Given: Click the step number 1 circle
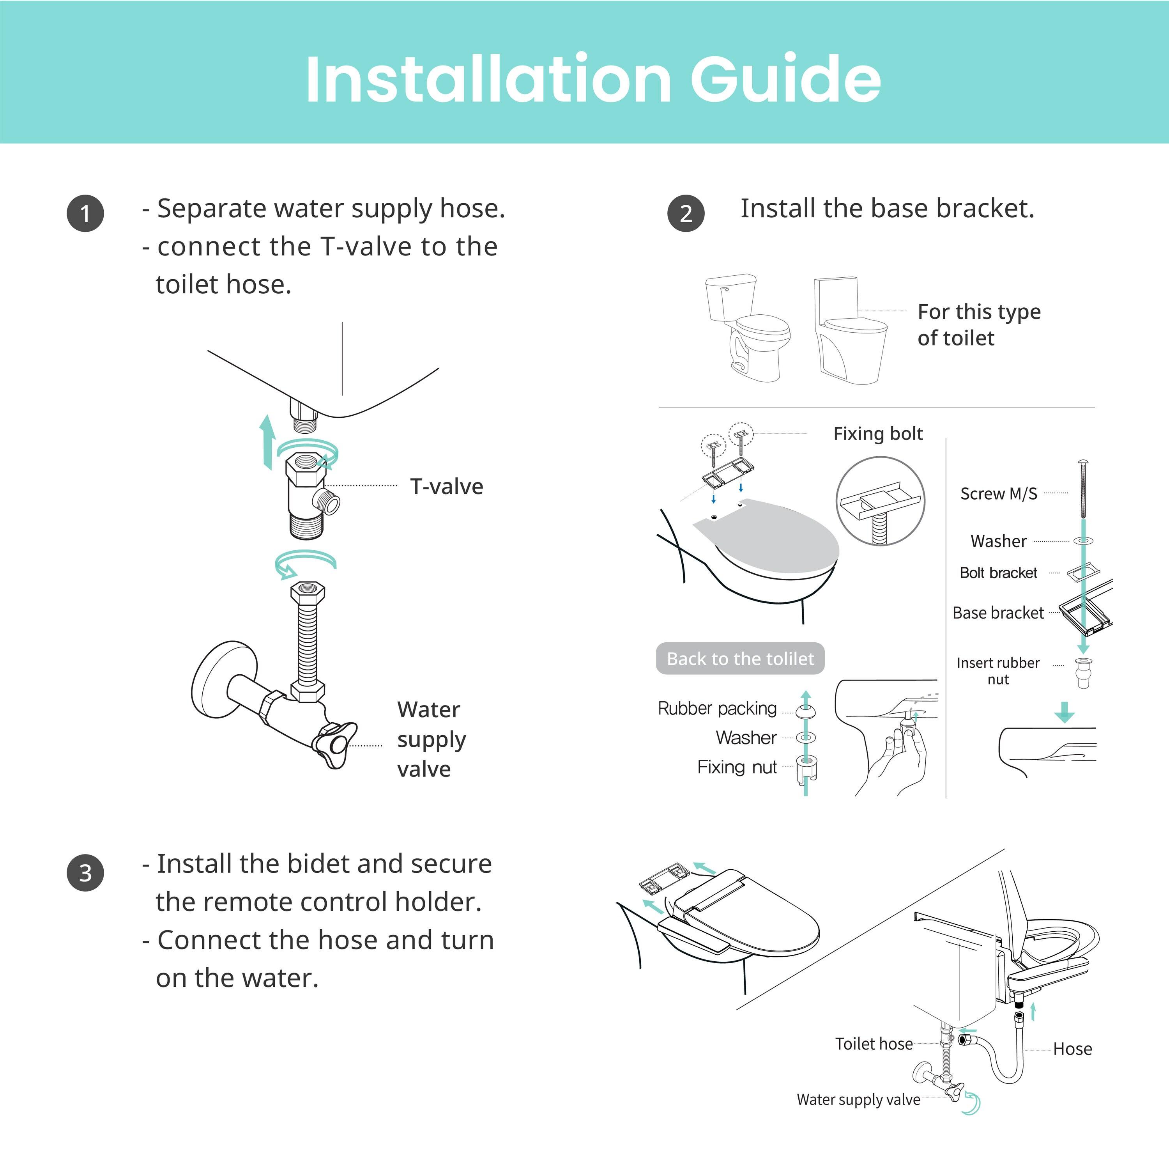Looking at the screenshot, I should tap(85, 213).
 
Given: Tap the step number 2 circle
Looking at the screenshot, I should tap(686, 213).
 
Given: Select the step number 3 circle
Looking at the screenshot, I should tap(85, 873).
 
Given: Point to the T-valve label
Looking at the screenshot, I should tap(447, 486).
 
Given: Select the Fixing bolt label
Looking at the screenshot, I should tap(878, 434).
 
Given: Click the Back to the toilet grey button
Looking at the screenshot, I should tap(740, 658).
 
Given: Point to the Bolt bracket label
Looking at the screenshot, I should tap(998, 573).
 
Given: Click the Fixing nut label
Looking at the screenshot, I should tap(736, 767).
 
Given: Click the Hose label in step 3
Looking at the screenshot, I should tap(1072, 1049).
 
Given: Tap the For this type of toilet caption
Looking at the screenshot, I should tap(978, 324).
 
